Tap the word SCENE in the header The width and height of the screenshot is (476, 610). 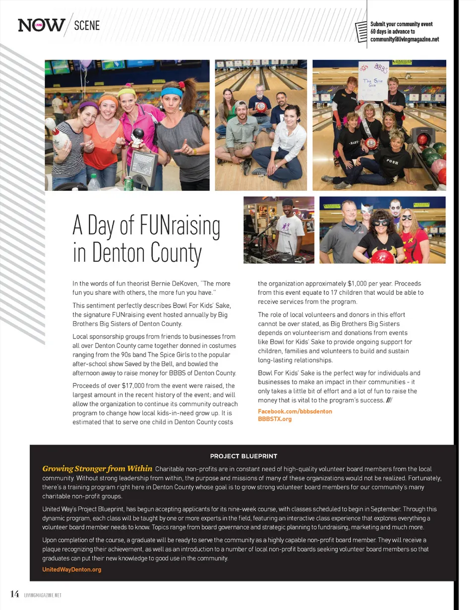point(87,24)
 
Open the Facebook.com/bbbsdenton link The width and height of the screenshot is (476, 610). point(295,411)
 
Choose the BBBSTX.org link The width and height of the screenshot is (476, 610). point(275,419)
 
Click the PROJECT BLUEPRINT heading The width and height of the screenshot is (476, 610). point(243,456)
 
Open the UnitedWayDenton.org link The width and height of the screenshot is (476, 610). point(72,569)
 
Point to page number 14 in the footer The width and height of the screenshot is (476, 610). point(14,594)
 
